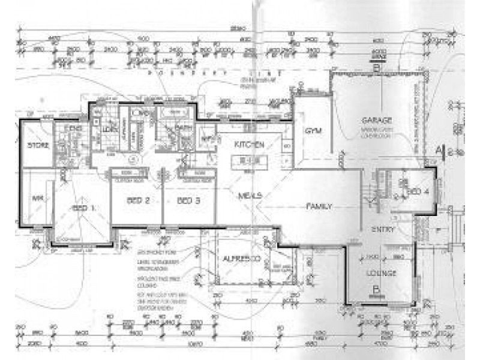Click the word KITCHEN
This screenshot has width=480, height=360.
[249, 145]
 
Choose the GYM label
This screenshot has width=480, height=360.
[311, 131]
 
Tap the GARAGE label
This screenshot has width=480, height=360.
[376, 119]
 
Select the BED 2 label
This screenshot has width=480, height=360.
[138, 200]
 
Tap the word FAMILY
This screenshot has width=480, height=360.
[319, 206]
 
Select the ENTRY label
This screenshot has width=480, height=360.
[382, 230]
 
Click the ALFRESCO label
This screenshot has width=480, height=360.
[240, 259]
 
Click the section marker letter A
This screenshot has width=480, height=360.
[439, 149]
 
